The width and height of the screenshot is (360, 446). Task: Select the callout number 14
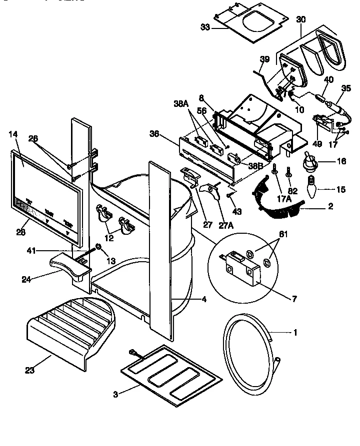13,134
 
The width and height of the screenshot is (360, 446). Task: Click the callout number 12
109,238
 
